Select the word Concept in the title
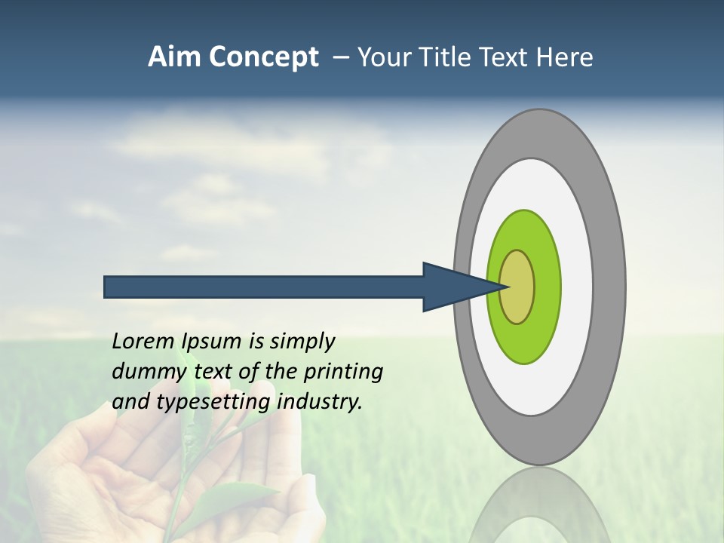click(x=264, y=58)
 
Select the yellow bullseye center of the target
click(x=517, y=287)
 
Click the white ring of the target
click(x=577, y=287)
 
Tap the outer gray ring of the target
click(x=610, y=287)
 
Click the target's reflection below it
click(x=539, y=505)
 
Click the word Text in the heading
click(x=510, y=57)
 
